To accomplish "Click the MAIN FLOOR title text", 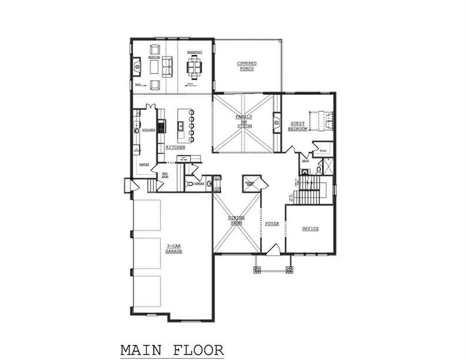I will coord(172,349).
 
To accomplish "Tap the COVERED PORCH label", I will coord(246,66).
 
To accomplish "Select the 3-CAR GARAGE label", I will coord(174,248).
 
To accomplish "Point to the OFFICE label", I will coord(310,229).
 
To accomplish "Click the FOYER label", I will coord(272,223).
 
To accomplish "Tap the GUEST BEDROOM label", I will coord(298,126).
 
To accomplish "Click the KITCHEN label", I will coord(175,147).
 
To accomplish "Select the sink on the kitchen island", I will coord(180,126).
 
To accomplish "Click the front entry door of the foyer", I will coord(273,250).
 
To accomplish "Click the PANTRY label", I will coord(144,163).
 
